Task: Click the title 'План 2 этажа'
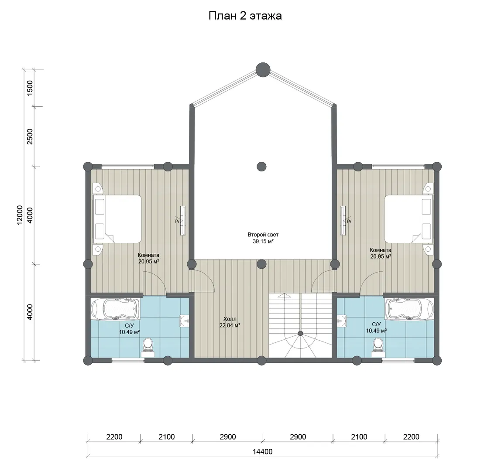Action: [x=245, y=16]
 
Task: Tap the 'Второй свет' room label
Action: [x=263, y=235]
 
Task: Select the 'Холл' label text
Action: [x=230, y=319]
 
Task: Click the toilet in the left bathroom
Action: [x=148, y=347]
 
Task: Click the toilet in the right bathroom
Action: [x=378, y=347]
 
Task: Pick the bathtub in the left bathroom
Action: [x=115, y=309]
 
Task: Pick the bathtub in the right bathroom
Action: [x=409, y=309]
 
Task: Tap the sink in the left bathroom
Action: [x=184, y=321]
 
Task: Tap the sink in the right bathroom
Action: [x=342, y=321]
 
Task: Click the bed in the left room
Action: [x=117, y=219]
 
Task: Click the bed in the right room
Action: [x=408, y=219]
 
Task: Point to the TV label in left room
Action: [x=177, y=221]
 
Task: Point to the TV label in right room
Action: [x=349, y=221]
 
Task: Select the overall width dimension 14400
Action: [x=263, y=452]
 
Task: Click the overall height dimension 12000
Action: [x=20, y=215]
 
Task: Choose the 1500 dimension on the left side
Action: [x=30, y=88]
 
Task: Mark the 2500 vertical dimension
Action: [x=30, y=137]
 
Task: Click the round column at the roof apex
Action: [x=263, y=70]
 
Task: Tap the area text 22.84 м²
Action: [x=230, y=325]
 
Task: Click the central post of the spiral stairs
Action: [x=300, y=333]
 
